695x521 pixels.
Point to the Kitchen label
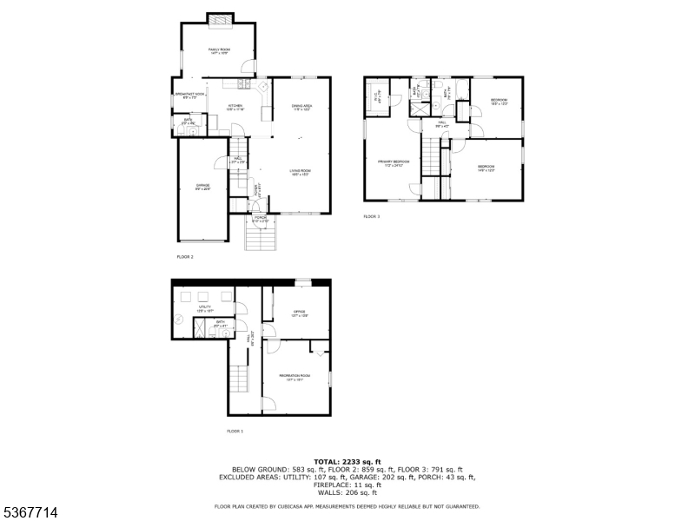point(235,108)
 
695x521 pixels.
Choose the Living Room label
point(301,172)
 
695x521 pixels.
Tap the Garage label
point(202,188)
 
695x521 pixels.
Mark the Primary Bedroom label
point(393,163)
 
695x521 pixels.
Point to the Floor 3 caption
point(372,216)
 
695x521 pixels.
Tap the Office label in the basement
point(300,313)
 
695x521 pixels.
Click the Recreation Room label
point(295,377)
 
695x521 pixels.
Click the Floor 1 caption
point(235,431)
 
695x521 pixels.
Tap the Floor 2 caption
point(185,257)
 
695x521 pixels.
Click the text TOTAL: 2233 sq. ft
point(347,461)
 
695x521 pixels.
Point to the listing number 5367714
point(30,513)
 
